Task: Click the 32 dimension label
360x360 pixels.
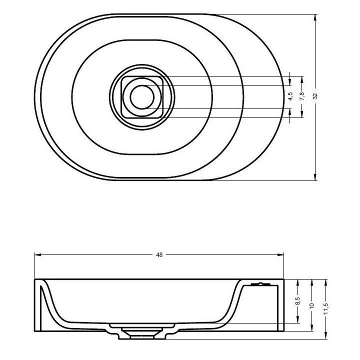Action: coord(315,95)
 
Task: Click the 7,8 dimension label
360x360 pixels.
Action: coord(302,96)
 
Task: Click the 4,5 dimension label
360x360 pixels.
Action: coord(290,96)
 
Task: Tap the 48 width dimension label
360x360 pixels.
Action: coord(159,255)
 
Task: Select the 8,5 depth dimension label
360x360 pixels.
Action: coord(298,301)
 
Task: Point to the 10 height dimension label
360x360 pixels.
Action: coord(311,305)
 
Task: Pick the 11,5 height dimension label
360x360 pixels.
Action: coord(325,308)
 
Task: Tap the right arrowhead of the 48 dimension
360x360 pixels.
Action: coord(280,254)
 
